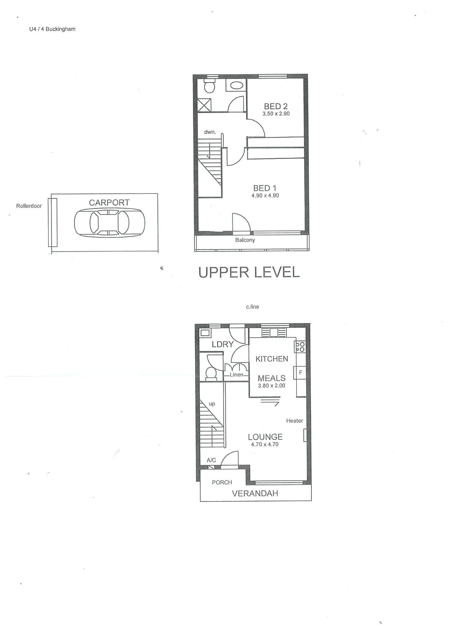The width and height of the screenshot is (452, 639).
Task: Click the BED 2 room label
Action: pos(276,106)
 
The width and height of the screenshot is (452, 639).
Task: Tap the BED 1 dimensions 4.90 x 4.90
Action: pos(265,195)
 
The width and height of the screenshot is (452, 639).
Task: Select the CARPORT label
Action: pos(109,202)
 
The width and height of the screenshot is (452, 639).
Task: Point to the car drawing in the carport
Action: pos(110,223)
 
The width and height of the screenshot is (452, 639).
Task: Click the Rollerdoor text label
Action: pos(29,206)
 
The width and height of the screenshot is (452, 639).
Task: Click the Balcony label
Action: pos(245,240)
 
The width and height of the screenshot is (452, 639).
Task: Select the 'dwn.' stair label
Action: pos(210,132)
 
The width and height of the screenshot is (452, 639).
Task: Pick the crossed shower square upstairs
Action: pos(205,105)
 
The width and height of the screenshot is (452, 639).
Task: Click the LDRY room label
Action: pos(222,344)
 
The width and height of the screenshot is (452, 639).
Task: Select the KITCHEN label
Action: pos(272,359)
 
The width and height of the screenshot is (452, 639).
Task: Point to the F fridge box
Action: pos(300,372)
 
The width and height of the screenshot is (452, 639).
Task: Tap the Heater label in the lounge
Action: pos(295,421)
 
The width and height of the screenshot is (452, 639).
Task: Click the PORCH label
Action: pos(222,482)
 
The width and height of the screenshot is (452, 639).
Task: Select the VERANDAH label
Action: pos(255,493)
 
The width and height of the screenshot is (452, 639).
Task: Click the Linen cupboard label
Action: pos(236,375)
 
